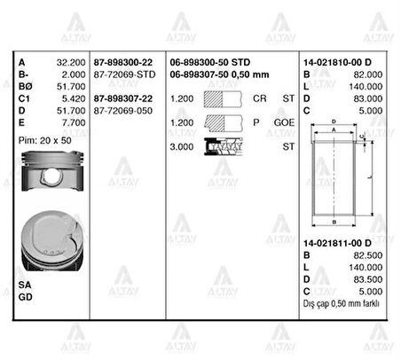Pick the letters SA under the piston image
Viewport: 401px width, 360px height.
pyautogui.click(x=25, y=284)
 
